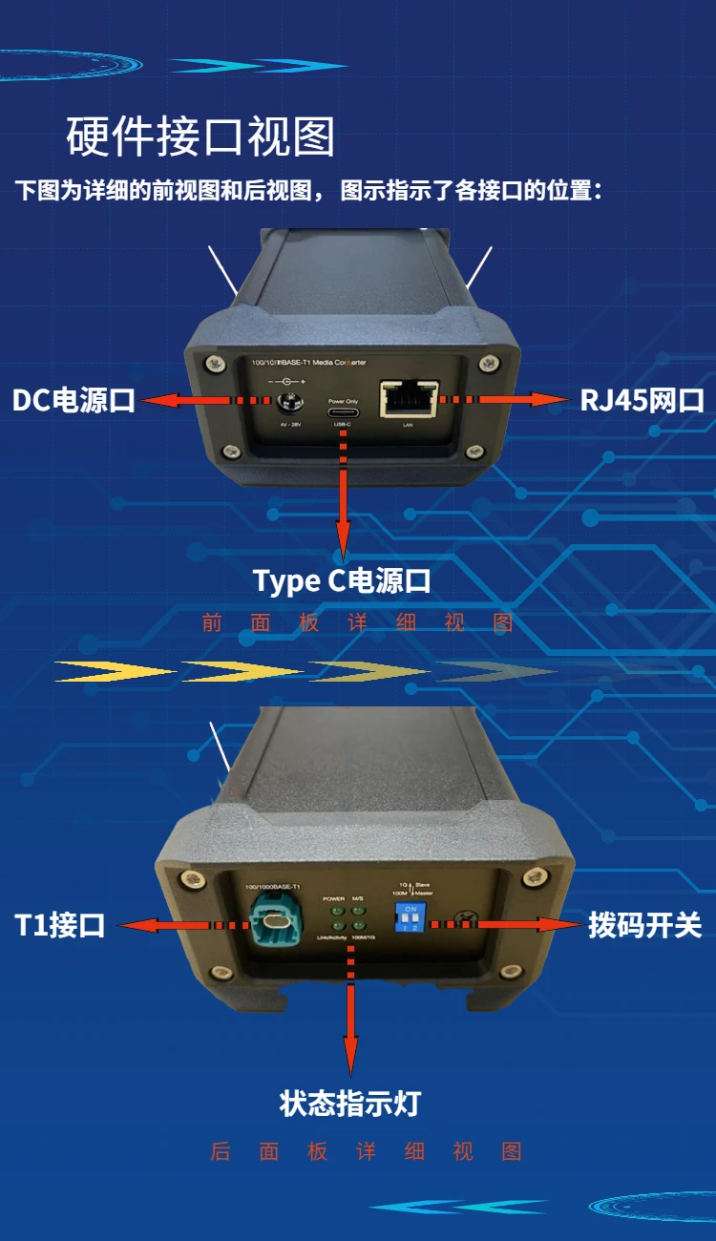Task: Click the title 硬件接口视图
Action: (200, 137)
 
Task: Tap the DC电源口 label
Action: (74, 400)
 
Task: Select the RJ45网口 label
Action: (642, 400)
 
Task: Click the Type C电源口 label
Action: (342, 579)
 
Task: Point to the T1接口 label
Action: (59, 925)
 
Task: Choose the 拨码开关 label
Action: (644, 925)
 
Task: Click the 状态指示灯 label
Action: (349, 1104)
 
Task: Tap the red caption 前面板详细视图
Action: (358, 623)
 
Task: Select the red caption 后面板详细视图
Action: (367, 1151)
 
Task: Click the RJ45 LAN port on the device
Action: (409, 400)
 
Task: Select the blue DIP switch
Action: (411, 917)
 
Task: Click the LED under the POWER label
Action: (337, 911)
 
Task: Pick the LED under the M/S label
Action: (357, 911)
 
